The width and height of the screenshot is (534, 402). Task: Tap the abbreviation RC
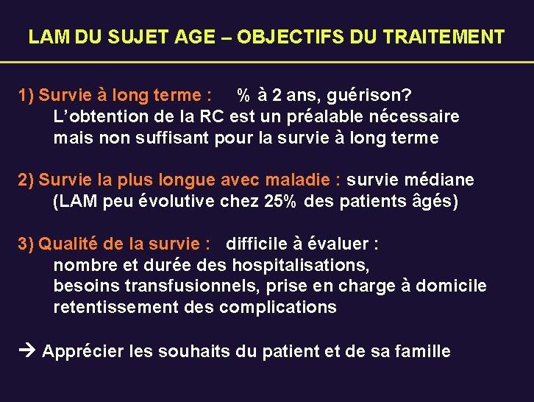(210, 116)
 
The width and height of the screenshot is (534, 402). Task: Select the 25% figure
(280, 202)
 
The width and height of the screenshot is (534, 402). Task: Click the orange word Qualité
(68, 244)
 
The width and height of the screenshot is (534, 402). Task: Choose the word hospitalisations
(300, 265)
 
